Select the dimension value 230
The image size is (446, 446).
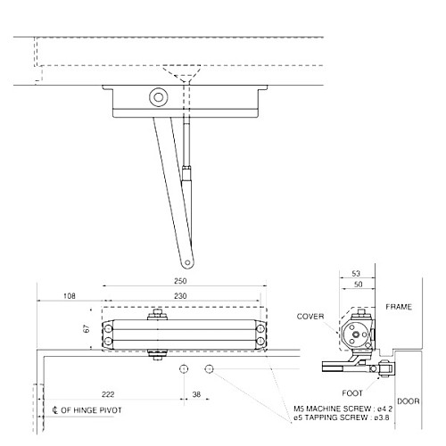(x=180, y=295)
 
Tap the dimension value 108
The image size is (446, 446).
(x=68, y=295)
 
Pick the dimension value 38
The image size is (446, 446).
(x=197, y=393)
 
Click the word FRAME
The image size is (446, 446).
(x=399, y=306)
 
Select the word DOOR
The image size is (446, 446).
(x=409, y=401)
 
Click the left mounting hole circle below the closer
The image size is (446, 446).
(x=183, y=369)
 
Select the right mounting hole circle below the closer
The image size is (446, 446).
(x=210, y=369)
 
